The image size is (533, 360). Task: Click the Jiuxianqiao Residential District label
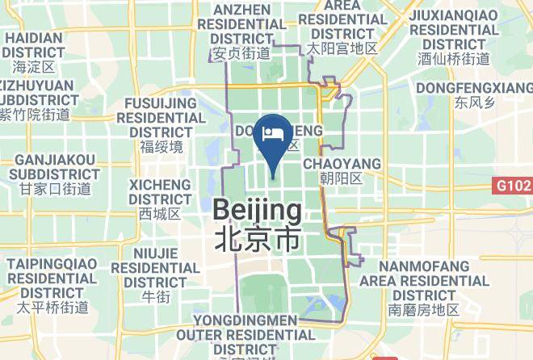(x=454, y=29)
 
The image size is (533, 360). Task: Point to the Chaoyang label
(x=342, y=164)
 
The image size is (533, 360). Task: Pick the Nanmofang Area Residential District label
(x=424, y=281)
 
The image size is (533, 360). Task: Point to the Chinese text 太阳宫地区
(x=342, y=49)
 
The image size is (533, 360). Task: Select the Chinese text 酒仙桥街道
(x=454, y=59)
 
